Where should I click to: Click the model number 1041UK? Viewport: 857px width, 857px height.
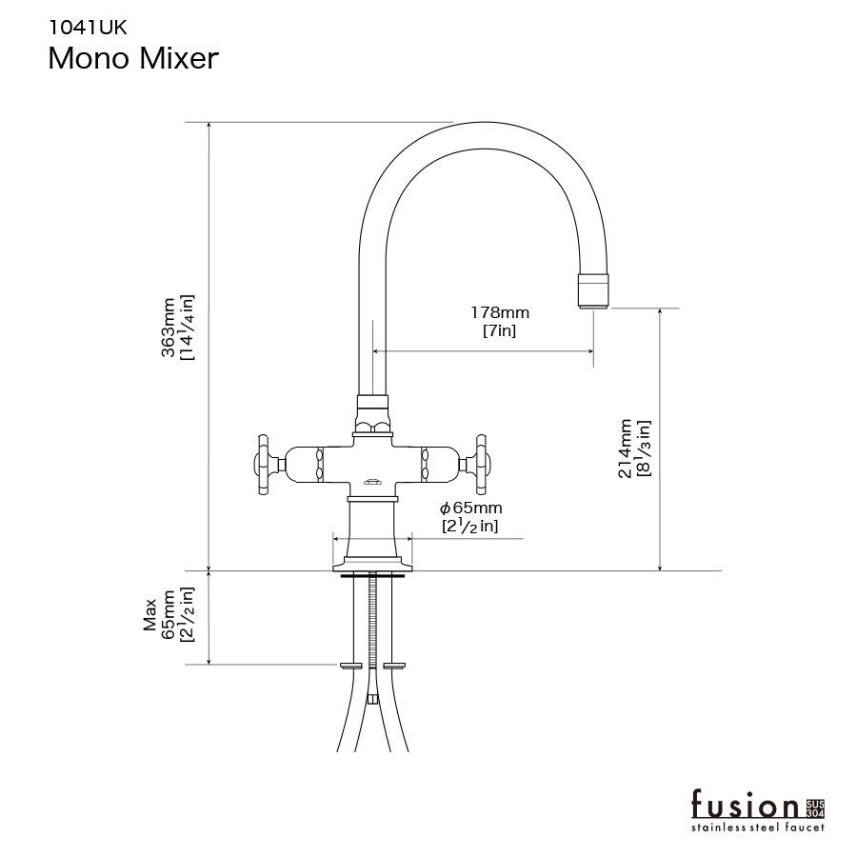(88, 28)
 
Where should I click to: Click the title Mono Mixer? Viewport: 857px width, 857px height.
(133, 58)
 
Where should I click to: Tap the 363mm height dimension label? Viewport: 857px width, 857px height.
(169, 328)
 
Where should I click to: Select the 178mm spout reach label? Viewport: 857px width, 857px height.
(500, 312)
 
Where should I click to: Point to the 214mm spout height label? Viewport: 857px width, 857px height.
(626, 448)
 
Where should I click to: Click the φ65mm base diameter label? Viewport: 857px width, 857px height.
(470, 508)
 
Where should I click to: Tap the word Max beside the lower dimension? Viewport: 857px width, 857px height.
(150, 615)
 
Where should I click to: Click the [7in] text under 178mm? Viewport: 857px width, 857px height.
(499, 330)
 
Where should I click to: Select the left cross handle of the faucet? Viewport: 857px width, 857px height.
(269, 465)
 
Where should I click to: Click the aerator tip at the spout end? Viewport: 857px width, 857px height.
(593, 291)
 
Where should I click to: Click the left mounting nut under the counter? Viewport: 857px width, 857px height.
(350, 666)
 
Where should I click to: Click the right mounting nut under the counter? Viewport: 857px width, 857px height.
(394, 666)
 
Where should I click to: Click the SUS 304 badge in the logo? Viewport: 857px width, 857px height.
(815, 808)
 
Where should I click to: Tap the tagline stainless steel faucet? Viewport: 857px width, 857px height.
(758, 827)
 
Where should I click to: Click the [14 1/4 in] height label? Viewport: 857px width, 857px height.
(188, 328)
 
